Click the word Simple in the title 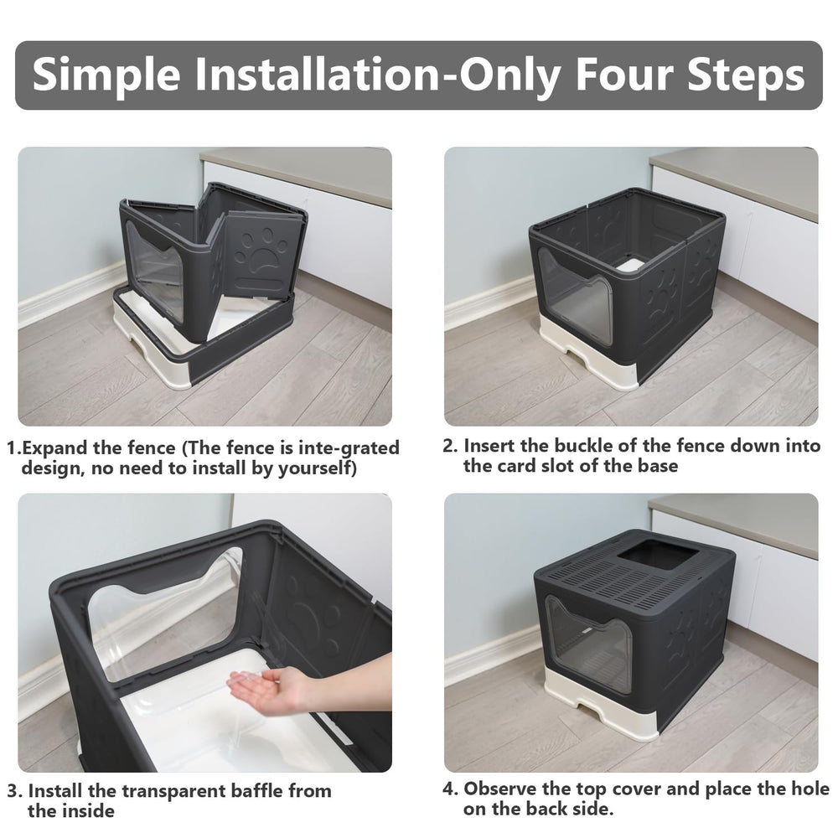[106, 76]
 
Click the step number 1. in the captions [14, 448]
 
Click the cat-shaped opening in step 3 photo [168, 620]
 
